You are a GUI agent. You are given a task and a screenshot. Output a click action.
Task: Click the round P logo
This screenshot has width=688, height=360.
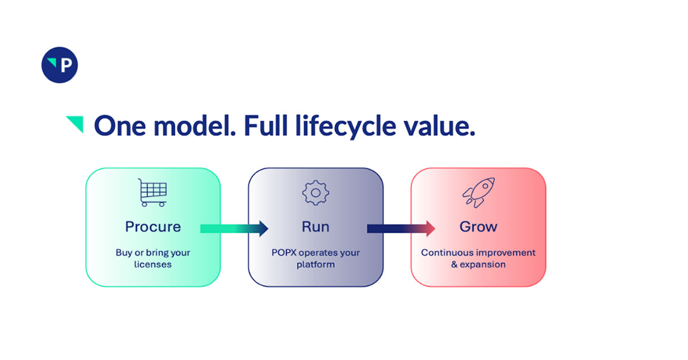pos(59,65)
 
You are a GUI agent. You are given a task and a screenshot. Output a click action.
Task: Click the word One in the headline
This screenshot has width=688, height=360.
pos(116,126)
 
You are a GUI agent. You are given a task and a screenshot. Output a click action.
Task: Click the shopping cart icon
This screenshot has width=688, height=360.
pos(153,193)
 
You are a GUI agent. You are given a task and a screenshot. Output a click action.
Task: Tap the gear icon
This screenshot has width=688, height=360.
pos(315,193)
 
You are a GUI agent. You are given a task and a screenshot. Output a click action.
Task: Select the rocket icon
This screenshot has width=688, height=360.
pos(478,193)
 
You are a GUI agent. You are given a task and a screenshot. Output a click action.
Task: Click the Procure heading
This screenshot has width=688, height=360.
pos(153,227)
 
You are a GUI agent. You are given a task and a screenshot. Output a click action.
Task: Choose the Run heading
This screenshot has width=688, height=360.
pos(315,227)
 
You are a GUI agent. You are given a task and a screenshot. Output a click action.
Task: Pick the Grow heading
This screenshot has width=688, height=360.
pos(478,227)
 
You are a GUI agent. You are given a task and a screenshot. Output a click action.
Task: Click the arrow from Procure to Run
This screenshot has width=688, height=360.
pos(234,229)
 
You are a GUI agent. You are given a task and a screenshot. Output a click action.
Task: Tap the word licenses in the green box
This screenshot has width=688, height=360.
pos(153,265)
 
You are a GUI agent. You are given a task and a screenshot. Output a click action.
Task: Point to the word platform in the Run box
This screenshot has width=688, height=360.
pos(315,265)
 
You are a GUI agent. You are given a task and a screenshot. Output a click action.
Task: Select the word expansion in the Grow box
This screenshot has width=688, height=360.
pos(486,265)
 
